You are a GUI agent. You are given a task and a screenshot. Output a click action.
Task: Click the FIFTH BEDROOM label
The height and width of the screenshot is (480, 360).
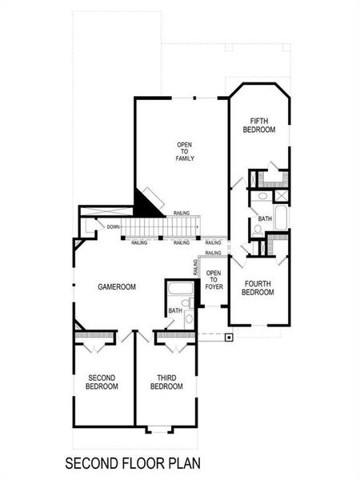(x=259, y=124)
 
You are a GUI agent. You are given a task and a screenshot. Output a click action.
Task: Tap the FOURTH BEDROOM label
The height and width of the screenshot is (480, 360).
(x=258, y=288)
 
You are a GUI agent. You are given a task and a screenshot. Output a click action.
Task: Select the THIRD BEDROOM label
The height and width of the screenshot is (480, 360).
(x=166, y=382)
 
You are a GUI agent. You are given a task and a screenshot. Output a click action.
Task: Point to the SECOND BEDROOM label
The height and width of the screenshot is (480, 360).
(x=102, y=382)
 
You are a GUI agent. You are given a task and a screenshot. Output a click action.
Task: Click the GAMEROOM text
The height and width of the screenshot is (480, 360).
(x=117, y=286)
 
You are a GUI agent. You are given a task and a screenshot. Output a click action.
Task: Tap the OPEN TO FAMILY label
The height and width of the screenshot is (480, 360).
(x=186, y=151)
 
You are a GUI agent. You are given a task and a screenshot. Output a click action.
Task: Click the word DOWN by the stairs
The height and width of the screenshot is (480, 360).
(x=114, y=227)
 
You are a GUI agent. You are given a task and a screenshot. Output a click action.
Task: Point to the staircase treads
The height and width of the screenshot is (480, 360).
(x=160, y=229)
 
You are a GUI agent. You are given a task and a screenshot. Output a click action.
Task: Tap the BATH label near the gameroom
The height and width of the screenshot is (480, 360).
(x=174, y=311)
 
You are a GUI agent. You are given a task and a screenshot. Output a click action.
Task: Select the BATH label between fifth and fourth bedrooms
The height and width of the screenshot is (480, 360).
(x=264, y=218)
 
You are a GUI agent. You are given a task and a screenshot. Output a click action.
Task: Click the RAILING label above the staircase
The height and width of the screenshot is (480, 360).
(x=182, y=214)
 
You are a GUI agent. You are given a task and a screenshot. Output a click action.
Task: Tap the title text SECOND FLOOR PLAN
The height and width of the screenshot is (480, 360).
(x=132, y=462)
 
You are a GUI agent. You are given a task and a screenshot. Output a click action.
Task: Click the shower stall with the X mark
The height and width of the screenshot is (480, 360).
(x=281, y=195)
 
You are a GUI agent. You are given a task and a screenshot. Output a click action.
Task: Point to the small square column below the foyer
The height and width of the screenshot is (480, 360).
(x=230, y=337)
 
